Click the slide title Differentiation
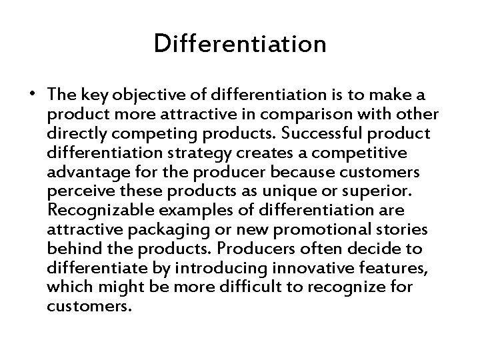(239, 44)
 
